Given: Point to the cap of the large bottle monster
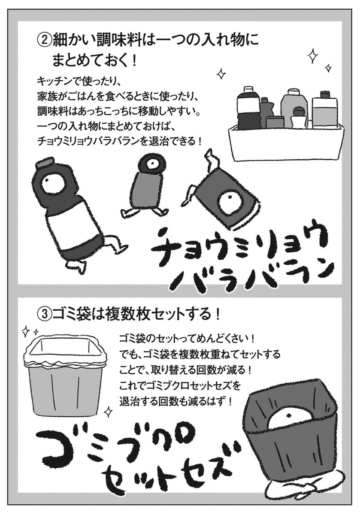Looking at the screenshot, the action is pos(44,162).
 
